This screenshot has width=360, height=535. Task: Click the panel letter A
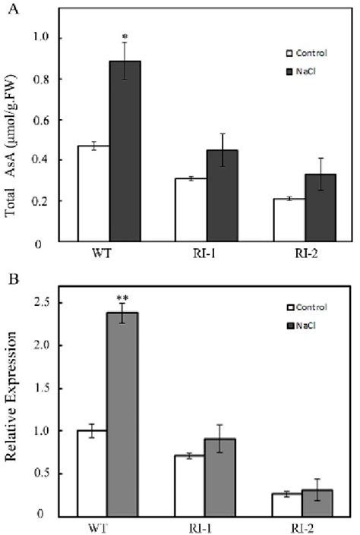(8, 8)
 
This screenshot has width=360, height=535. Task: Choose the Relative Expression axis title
(13, 414)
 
